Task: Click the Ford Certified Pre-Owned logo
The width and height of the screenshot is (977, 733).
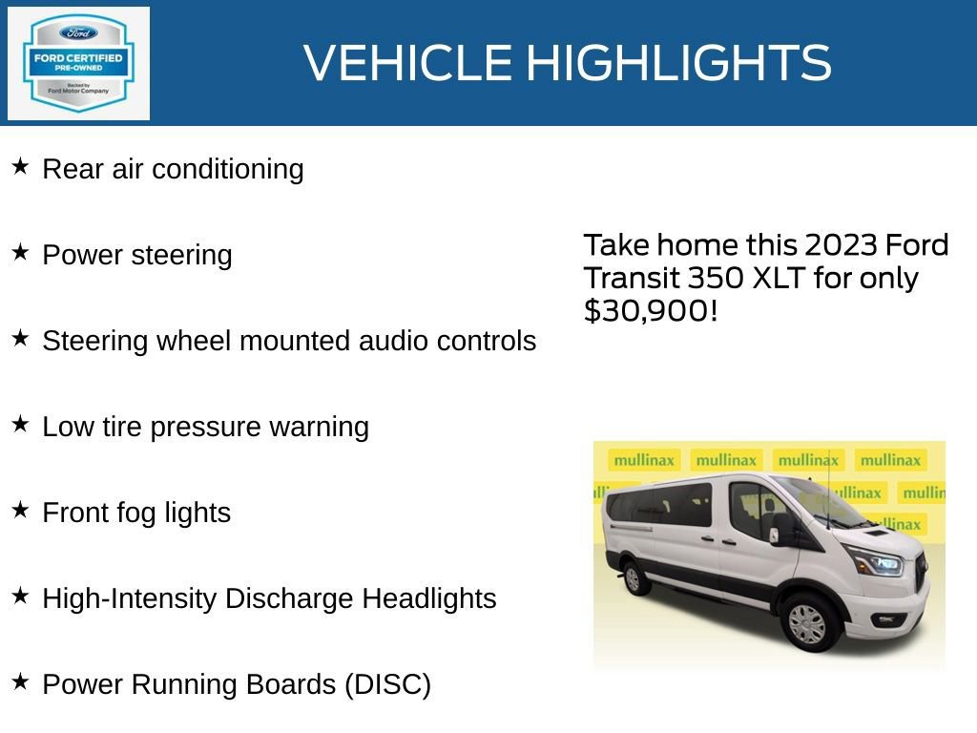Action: [x=78, y=63]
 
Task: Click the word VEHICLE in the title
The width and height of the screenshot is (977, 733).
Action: [x=408, y=63]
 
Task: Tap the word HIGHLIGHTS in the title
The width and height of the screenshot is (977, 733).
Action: [x=678, y=63]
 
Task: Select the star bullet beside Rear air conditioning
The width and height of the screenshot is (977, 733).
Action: [x=20, y=167]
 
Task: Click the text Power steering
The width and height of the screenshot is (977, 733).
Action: [x=137, y=255]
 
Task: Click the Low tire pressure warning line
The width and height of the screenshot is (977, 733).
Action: [x=205, y=427]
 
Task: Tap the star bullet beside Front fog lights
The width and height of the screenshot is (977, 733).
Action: [x=20, y=511]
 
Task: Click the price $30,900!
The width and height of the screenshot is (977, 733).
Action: [x=650, y=310]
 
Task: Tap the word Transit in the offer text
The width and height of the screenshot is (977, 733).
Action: [x=630, y=278]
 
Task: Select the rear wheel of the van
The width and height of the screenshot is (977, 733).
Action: [x=632, y=576]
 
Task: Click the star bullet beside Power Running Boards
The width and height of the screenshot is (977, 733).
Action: [x=20, y=682]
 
